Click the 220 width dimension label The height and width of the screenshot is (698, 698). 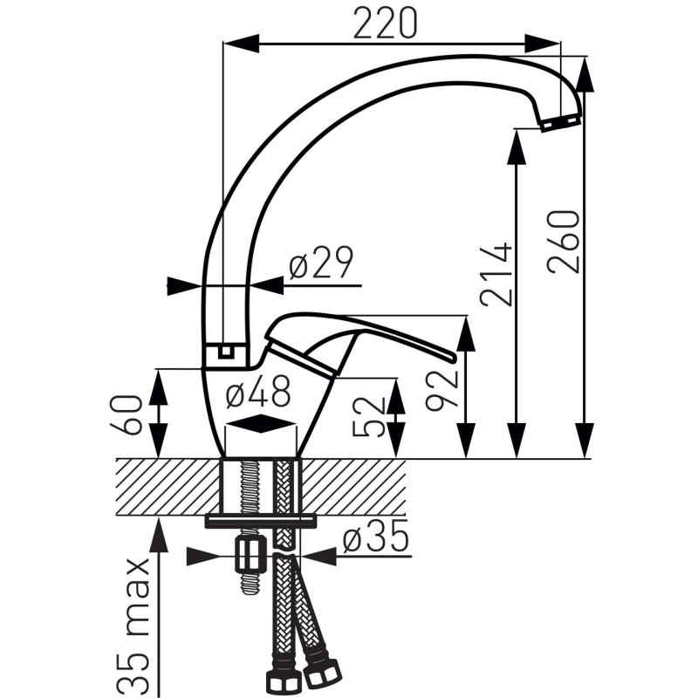click(386, 23)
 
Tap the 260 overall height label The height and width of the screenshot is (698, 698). click(564, 242)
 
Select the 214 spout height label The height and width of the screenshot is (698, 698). click(496, 274)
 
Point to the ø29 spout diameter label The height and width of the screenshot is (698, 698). click(321, 263)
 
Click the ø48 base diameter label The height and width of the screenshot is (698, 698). click(258, 391)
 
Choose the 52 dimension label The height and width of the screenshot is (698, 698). click(368, 417)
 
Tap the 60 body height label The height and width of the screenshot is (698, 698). click(127, 414)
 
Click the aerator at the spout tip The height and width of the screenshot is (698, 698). click(559, 122)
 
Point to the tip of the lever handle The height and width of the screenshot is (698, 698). click(453, 358)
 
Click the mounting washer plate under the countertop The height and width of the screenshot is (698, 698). click(261, 521)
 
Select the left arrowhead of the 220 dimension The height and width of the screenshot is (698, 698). click(241, 44)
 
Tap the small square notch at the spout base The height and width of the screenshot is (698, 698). click(227, 352)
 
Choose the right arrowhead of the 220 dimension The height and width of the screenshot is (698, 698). click(542, 44)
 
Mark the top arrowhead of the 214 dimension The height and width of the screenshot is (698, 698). click(517, 147)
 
